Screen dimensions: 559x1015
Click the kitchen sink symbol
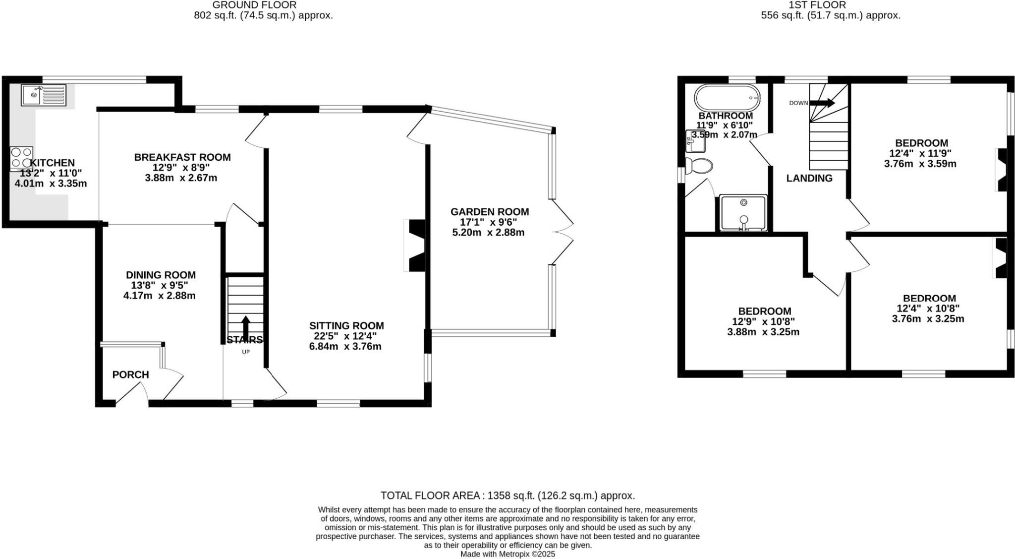(x=44, y=95)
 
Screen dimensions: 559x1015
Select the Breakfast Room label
(x=182, y=157)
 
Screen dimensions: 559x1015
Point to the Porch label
(x=130, y=374)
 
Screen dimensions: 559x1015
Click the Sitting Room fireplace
(x=415, y=246)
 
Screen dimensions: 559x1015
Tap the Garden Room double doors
(x=562, y=232)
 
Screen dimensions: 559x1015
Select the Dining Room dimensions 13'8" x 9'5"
(x=159, y=285)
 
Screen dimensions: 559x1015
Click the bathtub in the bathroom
(x=727, y=98)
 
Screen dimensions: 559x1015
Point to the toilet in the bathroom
(x=698, y=166)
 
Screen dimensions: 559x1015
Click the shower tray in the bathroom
(x=743, y=213)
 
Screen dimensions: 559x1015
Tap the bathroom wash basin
(x=695, y=141)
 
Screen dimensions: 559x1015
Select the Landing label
(x=809, y=178)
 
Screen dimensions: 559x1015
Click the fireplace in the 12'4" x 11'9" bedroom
(x=1002, y=170)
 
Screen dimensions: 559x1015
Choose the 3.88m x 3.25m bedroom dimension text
(x=763, y=332)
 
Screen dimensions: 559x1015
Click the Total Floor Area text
(x=507, y=496)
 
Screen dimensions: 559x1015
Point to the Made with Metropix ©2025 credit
(x=507, y=554)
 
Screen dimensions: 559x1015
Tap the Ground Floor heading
(x=254, y=5)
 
